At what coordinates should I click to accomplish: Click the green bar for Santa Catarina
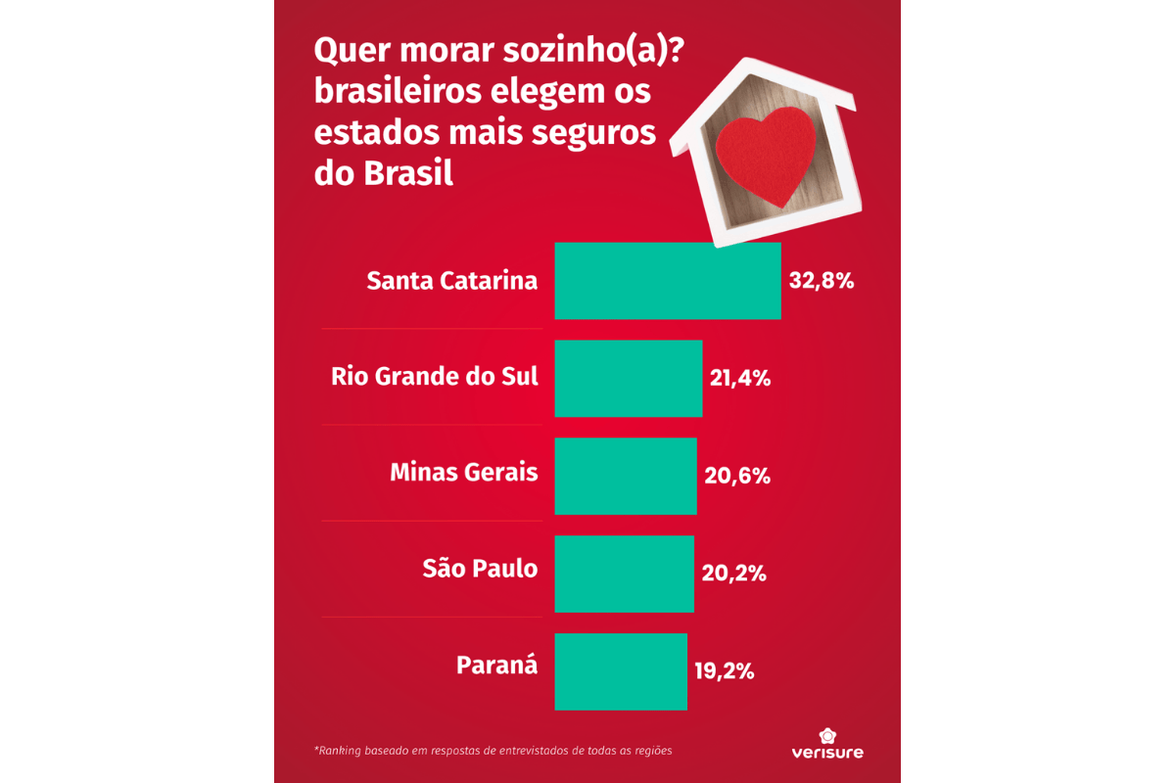(667, 281)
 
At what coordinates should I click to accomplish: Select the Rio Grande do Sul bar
(628, 378)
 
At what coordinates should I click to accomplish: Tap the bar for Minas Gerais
(625, 476)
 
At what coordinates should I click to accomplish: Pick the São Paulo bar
(624, 574)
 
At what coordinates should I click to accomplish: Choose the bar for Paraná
(620, 671)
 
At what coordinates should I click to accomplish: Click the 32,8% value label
(822, 282)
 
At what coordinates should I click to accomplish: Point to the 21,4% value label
(739, 379)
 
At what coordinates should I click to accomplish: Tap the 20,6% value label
(736, 477)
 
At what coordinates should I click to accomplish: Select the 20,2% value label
(733, 574)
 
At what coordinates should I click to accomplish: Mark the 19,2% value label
(724, 671)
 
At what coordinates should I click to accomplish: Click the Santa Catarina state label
(451, 281)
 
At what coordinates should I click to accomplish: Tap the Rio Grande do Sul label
(435, 376)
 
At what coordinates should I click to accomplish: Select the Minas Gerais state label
(464, 472)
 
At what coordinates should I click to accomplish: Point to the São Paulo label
(480, 568)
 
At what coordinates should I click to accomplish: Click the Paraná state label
(496, 666)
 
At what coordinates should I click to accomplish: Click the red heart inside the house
(765, 154)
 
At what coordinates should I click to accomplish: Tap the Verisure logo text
(827, 753)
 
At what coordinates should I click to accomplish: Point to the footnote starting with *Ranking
(493, 752)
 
